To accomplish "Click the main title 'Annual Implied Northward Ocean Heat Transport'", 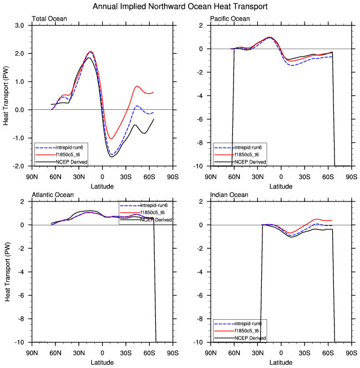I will coord(180,7).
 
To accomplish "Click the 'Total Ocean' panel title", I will coord(50,19).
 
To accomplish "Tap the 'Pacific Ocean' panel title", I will coord(230,19).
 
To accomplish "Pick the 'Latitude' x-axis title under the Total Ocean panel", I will coord(103,186).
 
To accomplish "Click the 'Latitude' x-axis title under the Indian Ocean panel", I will coord(281,362).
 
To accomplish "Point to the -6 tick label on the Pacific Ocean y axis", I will coord(200,119).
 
